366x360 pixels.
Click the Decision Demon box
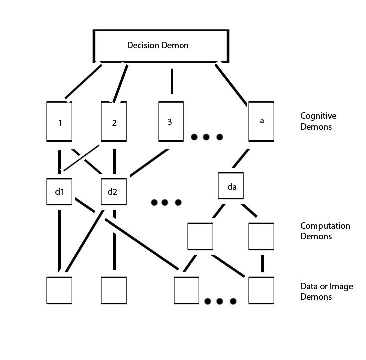click(x=161, y=46)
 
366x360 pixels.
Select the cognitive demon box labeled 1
click(x=59, y=121)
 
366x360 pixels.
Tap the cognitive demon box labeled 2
click(x=114, y=121)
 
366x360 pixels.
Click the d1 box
click(x=59, y=190)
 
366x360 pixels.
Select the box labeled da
click(x=231, y=186)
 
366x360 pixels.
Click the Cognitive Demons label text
click(x=318, y=121)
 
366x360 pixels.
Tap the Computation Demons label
click(x=325, y=231)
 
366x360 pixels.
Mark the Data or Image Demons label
click(x=327, y=291)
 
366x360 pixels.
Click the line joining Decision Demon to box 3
click(x=172, y=81)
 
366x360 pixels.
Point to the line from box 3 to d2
click(x=147, y=163)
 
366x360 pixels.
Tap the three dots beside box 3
click(x=206, y=137)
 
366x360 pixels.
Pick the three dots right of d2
click(x=166, y=202)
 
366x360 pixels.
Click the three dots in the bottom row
click(x=220, y=301)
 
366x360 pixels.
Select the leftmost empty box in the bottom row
click(x=59, y=290)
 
